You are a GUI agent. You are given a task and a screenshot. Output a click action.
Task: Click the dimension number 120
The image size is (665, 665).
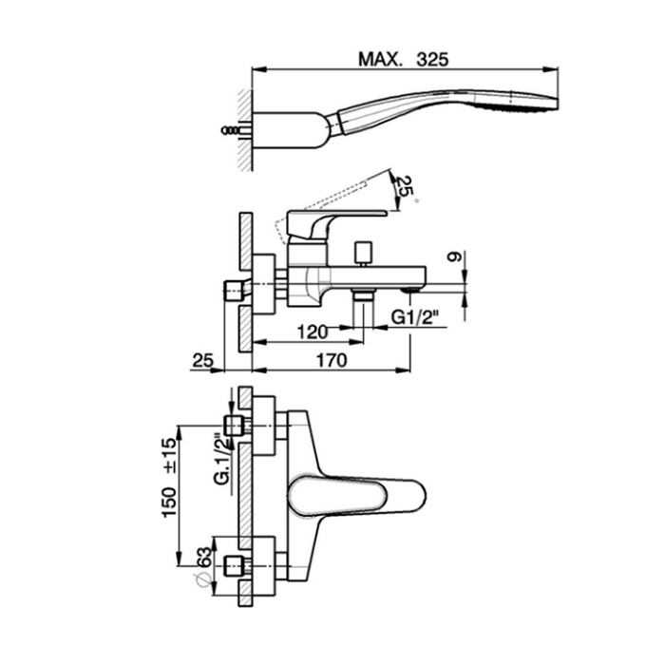tap(313, 332)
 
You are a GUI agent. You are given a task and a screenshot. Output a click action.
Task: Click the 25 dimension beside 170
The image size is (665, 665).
tap(202, 361)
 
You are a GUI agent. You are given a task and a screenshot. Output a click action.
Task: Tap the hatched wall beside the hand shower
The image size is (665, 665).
tap(243, 128)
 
